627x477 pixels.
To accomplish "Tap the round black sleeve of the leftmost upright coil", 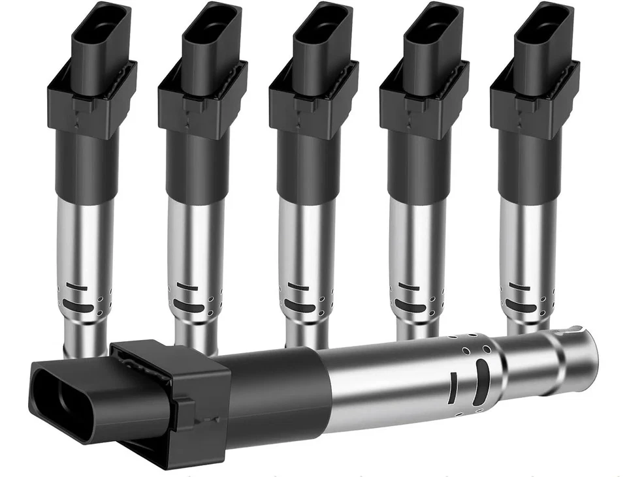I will (x=86, y=163).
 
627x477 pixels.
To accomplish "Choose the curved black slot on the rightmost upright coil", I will (x=521, y=307).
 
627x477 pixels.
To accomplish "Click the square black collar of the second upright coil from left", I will (x=203, y=98).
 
